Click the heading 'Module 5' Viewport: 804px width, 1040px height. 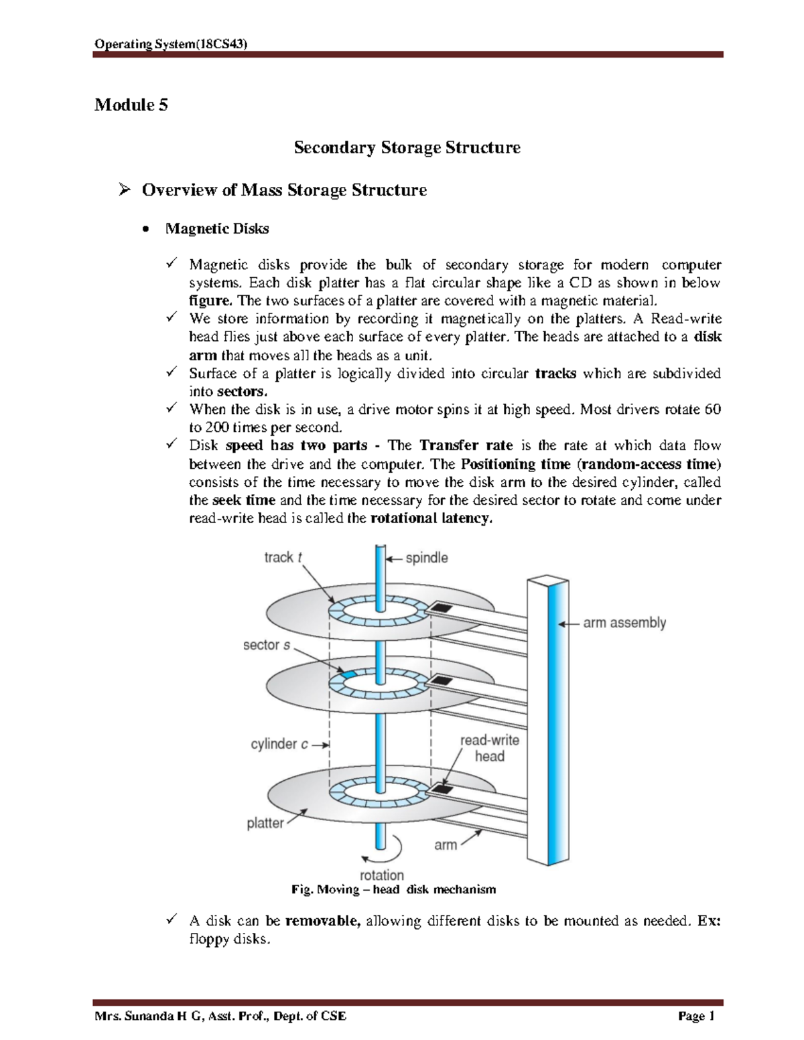(131, 105)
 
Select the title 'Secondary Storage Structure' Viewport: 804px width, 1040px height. (407, 147)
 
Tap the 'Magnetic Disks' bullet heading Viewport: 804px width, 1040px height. (217, 229)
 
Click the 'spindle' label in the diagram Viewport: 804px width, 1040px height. (426, 558)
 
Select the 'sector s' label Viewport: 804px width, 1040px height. (267, 645)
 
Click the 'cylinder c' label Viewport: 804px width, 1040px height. (279, 744)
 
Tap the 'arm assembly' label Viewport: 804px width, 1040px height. (624, 623)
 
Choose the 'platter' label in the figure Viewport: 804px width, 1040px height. (265, 822)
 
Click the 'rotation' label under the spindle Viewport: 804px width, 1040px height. (381, 875)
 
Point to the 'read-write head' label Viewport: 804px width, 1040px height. (489, 748)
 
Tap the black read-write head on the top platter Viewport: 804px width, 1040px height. (440, 608)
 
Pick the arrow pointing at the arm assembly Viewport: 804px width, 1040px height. (568, 623)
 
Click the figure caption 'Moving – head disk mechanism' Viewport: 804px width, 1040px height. (394, 890)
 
